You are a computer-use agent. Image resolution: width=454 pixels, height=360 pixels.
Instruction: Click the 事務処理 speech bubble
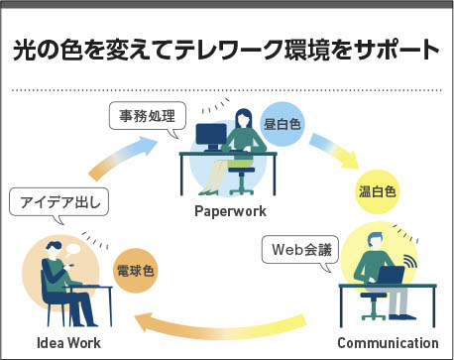[148, 116]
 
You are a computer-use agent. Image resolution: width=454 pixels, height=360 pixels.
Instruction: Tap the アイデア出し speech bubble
[59, 202]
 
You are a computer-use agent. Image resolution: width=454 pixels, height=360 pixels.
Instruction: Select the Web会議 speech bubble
[300, 250]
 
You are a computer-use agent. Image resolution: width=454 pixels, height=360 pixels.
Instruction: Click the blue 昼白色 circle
[282, 124]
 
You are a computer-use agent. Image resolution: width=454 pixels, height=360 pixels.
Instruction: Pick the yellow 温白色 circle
[377, 191]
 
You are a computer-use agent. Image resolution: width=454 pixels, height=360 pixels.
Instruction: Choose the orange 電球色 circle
[136, 271]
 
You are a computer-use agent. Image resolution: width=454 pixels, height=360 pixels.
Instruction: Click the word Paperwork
[230, 211]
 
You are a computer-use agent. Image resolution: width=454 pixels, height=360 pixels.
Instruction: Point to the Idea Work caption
[68, 343]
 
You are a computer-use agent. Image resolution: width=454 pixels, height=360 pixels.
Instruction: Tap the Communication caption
[388, 343]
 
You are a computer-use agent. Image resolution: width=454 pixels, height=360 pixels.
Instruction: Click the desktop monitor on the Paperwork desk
[211, 137]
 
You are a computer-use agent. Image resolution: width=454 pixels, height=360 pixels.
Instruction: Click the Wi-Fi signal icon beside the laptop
[410, 262]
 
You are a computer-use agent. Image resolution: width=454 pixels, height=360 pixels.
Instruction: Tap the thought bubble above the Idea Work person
[72, 249]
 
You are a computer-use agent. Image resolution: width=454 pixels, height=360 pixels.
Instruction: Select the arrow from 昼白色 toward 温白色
[334, 151]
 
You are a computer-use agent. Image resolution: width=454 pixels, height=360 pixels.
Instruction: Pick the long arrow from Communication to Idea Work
[220, 329]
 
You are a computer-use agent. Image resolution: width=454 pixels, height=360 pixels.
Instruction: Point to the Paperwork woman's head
[243, 118]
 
